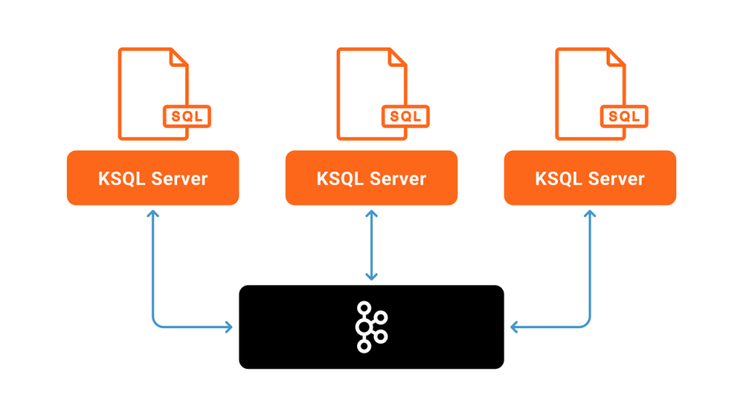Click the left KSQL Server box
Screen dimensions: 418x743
point(152,178)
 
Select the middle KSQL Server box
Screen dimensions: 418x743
point(371,178)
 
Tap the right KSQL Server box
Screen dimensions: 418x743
point(590,178)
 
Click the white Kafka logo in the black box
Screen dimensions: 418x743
point(371,327)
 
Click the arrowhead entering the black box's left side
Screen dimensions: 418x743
point(229,327)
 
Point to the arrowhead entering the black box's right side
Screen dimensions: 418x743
point(514,327)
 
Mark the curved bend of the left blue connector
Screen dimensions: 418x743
point(156,324)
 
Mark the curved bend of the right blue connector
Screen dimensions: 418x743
point(586,324)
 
